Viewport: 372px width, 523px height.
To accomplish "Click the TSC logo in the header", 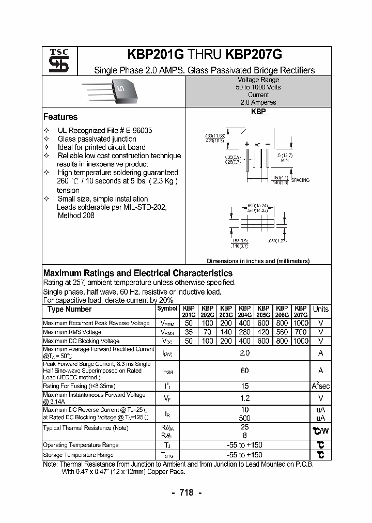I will (55, 61).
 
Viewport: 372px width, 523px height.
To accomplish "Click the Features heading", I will (60, 117).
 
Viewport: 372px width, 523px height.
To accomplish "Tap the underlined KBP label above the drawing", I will (258, 112).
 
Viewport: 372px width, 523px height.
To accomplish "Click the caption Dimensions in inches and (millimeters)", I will (258, 261).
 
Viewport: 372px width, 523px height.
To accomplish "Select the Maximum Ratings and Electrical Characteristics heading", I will (138, 273).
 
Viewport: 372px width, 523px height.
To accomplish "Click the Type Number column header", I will (69, 309).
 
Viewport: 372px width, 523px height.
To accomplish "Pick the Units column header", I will (320, 309).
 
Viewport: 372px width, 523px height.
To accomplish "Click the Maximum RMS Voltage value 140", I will (226, 332).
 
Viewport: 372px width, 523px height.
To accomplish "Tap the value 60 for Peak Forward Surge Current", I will (245, 370).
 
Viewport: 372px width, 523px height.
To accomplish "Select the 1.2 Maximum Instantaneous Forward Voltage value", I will (245, 398).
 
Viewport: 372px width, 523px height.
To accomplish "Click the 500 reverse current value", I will (245, 418).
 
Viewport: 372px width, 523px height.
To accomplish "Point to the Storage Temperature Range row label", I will (78, 455).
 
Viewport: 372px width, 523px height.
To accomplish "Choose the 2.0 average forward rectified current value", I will (245, 352).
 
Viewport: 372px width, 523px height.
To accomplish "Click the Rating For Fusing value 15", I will (245, 386).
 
